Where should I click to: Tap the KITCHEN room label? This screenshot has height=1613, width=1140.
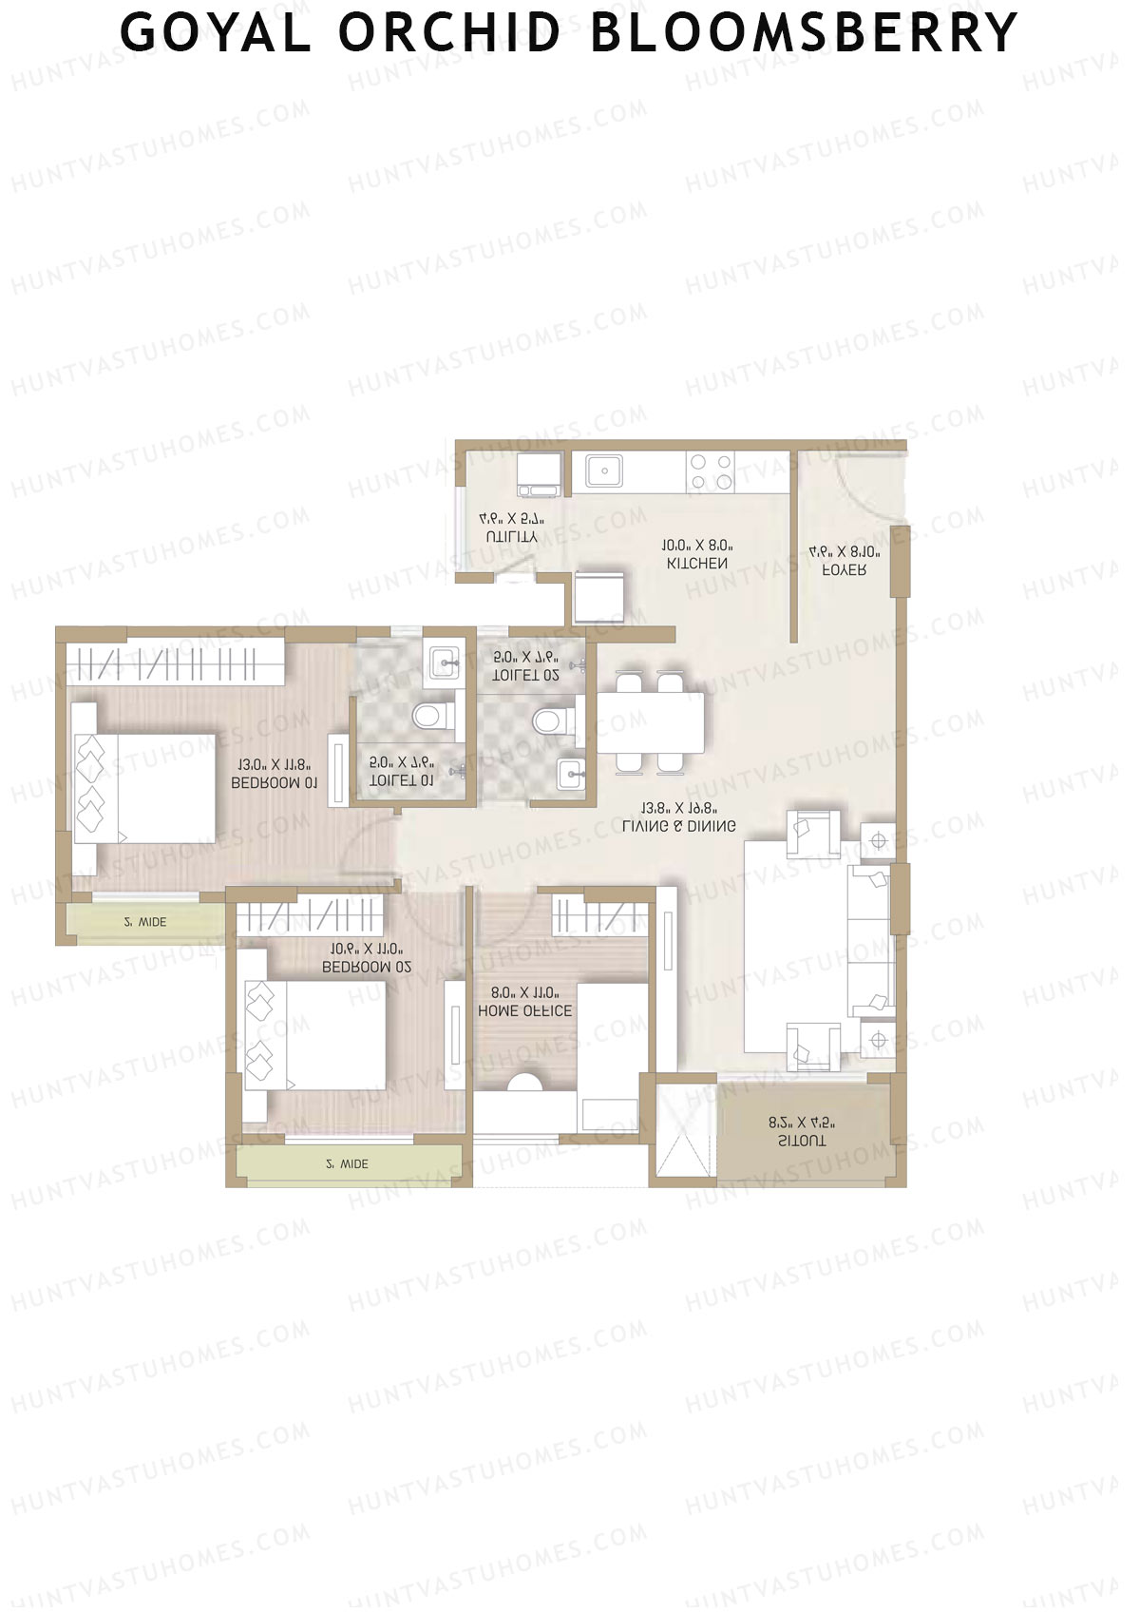(697, 564)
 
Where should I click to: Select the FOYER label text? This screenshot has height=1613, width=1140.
(844, 570)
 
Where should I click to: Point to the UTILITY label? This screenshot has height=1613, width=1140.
(511, 537)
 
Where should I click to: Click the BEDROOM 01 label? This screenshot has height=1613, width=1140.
(275, 783)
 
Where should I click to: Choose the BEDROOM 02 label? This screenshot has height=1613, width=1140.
(367, 967)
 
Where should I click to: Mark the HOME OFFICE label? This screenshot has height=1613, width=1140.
(525, 1011)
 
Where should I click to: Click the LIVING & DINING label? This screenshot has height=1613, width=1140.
(678, 827)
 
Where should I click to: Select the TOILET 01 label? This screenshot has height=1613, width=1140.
(401, 780)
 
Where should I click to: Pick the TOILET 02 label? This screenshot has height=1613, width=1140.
(524, 675)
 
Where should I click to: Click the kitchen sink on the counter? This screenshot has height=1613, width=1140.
(603, 470)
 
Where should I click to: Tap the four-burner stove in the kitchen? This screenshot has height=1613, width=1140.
(711, 472)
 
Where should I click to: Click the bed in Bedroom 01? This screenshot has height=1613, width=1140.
(152, 788)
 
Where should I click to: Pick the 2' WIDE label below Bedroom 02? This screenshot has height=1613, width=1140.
(347, 1164)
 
